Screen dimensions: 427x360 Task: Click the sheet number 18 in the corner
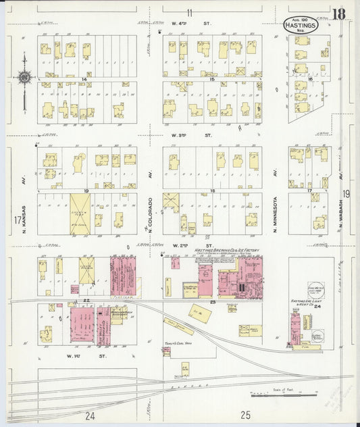(339, 14)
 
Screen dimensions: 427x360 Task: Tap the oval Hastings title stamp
(298, 25)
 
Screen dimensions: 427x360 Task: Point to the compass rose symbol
(24, 77)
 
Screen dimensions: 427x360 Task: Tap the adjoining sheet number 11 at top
(190, 12)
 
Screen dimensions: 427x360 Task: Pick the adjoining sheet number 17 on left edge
(16, 220)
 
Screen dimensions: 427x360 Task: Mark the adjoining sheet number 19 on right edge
(346, 195)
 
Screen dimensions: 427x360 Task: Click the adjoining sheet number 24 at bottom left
(91, 415)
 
